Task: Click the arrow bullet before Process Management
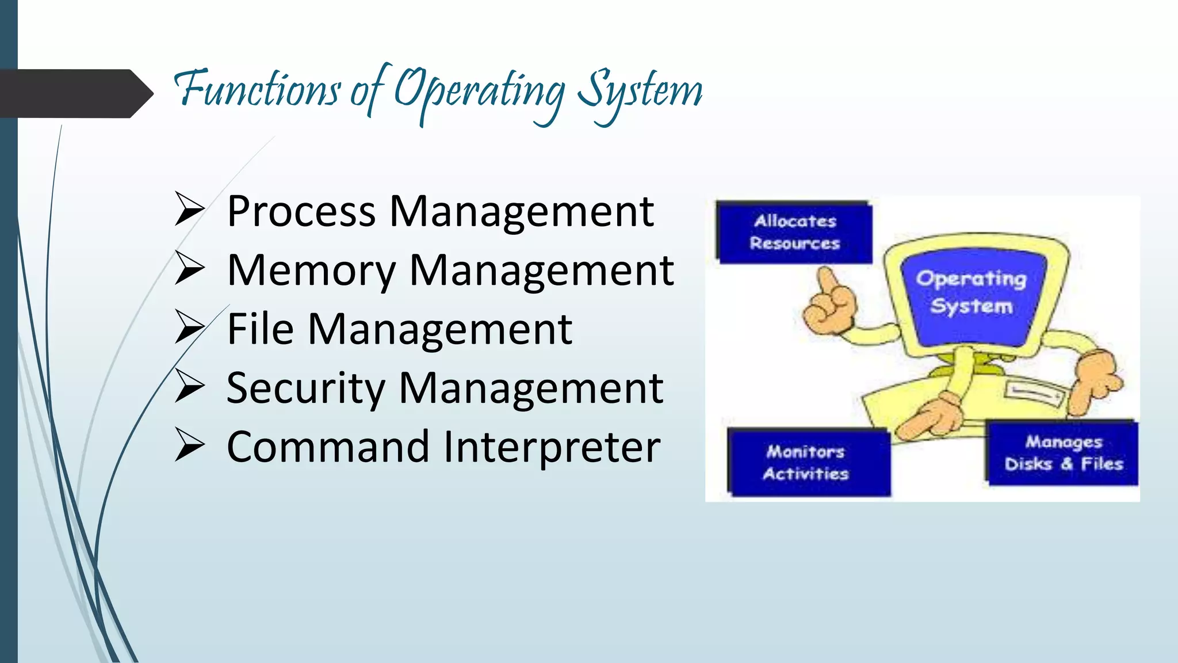click(189, 209)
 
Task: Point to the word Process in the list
click(301, 211)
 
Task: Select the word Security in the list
click(305, 388)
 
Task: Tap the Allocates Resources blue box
click(794, 232)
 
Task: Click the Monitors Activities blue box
click(806, 463)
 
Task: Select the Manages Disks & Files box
click(1063, 453)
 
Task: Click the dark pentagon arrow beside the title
click(75, 93)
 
